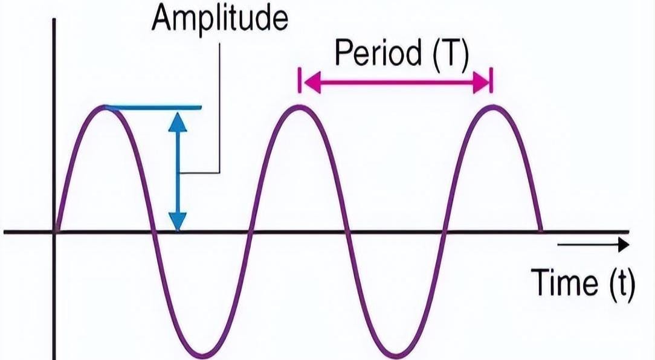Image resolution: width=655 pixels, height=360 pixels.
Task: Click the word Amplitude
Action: tap(220, 19)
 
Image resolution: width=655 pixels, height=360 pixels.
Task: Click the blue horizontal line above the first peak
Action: tap(153, 108)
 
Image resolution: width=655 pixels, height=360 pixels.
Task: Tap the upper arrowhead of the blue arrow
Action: tap(178, 123)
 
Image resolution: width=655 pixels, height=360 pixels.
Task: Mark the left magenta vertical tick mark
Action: tap(300, 80)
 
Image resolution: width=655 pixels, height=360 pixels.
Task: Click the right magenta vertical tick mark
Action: tap(492, 80)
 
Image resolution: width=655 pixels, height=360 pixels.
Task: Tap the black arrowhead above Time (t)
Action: tap(624, 244)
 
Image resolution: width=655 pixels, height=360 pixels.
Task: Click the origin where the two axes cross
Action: tap(54, 231)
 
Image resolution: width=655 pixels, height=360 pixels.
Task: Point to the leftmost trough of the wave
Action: tap(202, 356)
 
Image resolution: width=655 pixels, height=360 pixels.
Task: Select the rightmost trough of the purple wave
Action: tap(396, 356)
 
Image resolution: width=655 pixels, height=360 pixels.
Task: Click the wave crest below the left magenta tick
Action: tap(299, 106)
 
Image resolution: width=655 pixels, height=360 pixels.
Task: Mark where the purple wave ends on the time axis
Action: tap(542, 230)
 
